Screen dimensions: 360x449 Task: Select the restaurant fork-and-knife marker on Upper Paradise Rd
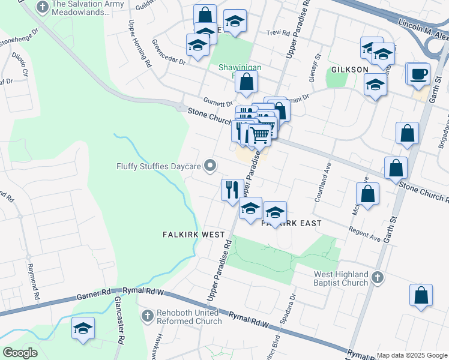click(232, 190)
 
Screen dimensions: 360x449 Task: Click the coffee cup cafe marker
click(418, 74)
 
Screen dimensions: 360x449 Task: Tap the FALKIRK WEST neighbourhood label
click(193, 235)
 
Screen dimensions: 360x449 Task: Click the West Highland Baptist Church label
click(341, 278)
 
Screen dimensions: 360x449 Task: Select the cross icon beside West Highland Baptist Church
click(377, 277)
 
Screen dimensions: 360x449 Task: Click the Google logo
click(20, 353)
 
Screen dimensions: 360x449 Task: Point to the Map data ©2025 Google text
click(412, 355)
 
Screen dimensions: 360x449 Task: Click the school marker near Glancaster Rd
click(83, 328)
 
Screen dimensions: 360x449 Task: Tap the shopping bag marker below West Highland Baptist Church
click(421, 295)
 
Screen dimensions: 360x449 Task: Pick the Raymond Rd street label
click(32, 280)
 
